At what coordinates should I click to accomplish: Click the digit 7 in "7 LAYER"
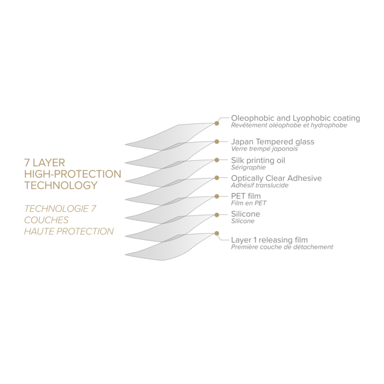25,163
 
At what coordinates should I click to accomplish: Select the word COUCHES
47,220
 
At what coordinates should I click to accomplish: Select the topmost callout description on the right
293,122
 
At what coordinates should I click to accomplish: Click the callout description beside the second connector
272,144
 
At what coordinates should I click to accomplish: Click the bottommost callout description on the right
280,242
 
